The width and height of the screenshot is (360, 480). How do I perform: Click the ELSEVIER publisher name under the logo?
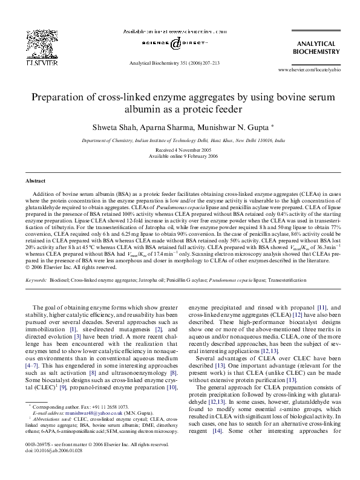point(38,62)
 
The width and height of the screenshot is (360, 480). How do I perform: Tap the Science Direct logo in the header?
point(175,43)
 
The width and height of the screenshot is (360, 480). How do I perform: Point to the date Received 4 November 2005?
point(180,149)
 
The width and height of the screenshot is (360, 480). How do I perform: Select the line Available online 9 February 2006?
point(180,155)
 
